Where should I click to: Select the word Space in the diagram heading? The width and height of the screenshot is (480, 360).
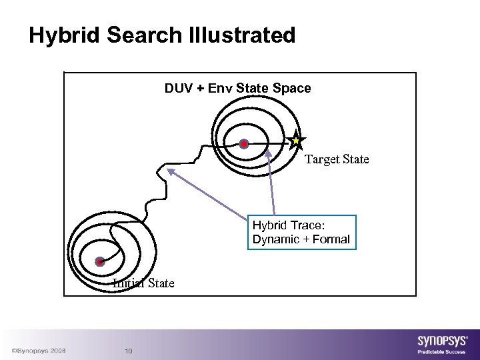tap(295, 88)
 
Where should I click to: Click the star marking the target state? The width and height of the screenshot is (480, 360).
tap(296, 141)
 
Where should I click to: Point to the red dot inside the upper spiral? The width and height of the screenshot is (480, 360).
tap(244, 143)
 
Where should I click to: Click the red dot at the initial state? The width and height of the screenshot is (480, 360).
tap(99, 261)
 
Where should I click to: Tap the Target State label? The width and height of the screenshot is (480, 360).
tap(337, 159)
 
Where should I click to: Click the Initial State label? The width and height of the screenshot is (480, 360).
tap(143, 283)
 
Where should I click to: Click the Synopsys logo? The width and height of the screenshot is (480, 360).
tap(442, 338)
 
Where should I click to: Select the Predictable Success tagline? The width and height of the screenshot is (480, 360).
tap(442, 351)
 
